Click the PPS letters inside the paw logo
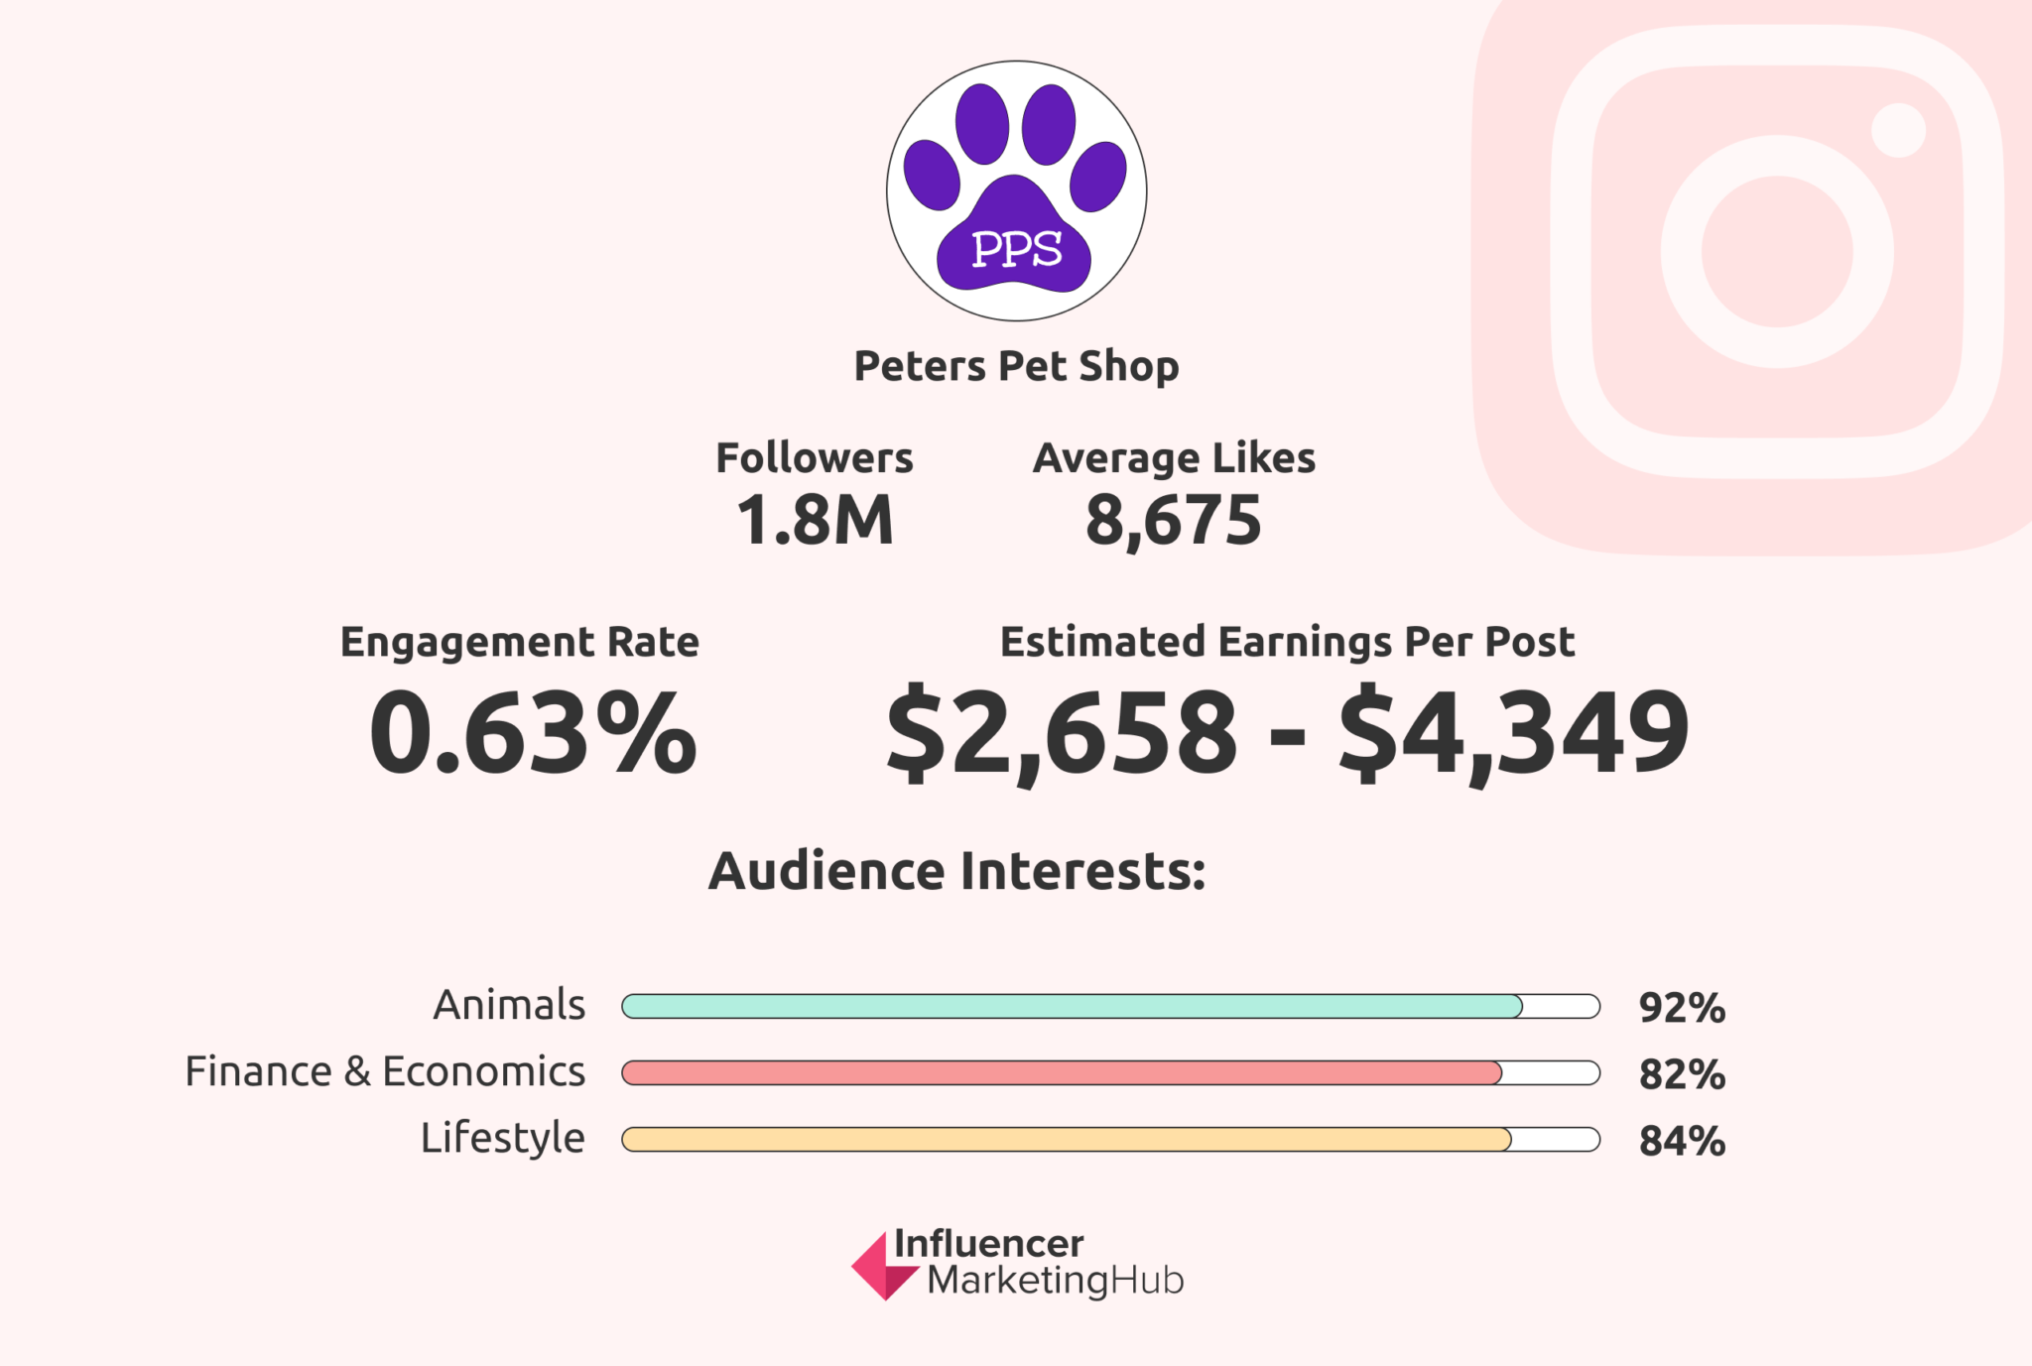pyautogui.click(x=1016, y=249)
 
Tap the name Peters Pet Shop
pyautogui.click(x=1016, y=367)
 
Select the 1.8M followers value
pyautogui.click(x=815, y=520)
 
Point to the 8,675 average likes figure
pyautogui.click(x=1173, y=520)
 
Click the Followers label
pyautogui.click(x=815, y=458)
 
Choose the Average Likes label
pyautogui.click(x=1174, y=458)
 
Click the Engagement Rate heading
pyautogui.click(x=520, y=642)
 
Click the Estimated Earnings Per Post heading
pyautogui.click(x=1287, y=642)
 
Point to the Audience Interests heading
pyautogui.click(x=956, y=871)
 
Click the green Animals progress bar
pyautogui.click(x=1072, y=1006)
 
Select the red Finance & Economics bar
pyautogui.click(x=1062, y=1072)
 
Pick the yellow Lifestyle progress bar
pyautogui.click(x=1067, y=1139)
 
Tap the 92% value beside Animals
pyautogui.click(x=1682, y=1008)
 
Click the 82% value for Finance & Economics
pyautogui.click(x=1682, y=1074)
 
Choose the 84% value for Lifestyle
pyautogui.click(x=1682, y=1141)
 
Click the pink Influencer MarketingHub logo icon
pyautogui.click(x=881, y=1267)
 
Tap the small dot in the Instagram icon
pyautogui.click(x=1898, y=130)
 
